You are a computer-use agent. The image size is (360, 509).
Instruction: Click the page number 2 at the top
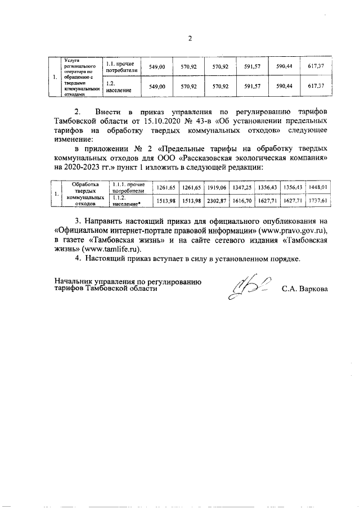point(190,39)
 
